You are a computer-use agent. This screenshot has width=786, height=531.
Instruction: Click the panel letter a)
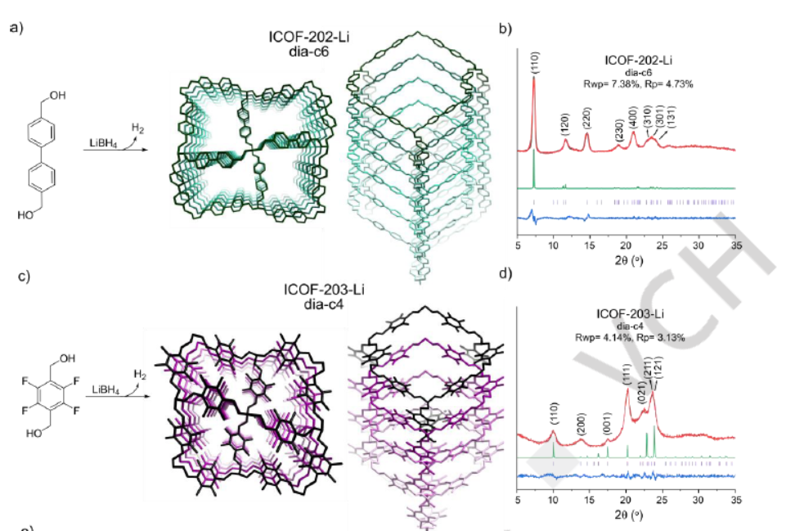tap(15, 28)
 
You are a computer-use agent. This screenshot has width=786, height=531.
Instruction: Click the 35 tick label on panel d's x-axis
tap(735, 498)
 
